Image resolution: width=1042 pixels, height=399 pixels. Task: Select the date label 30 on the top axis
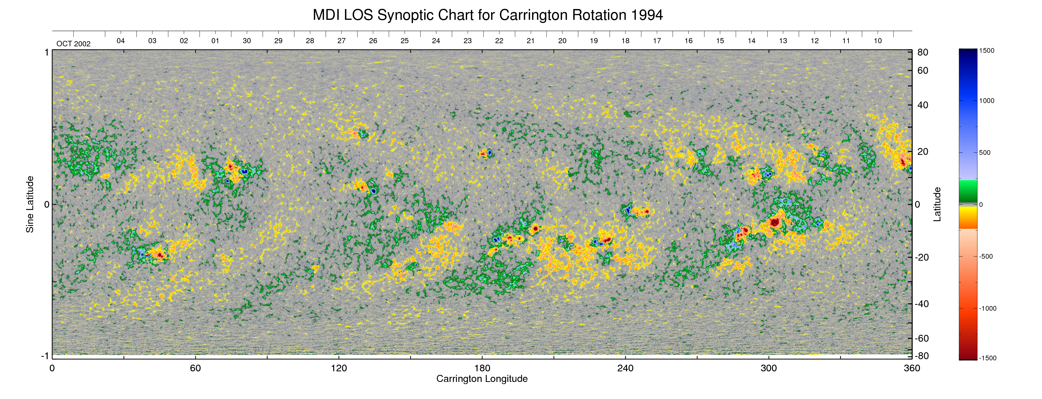pyautogui.click(x=247, y=41)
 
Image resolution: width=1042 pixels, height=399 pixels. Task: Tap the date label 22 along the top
pyautogui.click(x=499, y=41)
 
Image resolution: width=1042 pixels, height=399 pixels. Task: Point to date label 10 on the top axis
pyautogui.click(x=877, y=41)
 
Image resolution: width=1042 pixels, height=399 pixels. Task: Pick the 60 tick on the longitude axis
pyautogui.click(x=195, y=368)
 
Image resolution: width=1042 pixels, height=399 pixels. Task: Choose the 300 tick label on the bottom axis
pyautogui.click(x=769, y=368)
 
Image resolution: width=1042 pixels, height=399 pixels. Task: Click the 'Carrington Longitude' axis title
pyautogui.click(x=482, y=379)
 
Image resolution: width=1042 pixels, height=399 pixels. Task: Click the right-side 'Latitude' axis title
pyautogui.click(x=937, y=204)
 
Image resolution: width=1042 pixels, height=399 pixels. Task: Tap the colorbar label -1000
pyautogui.click(x=987, y=308)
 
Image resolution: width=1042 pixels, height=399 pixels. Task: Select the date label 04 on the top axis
pyautogui.click(x=121, y=41)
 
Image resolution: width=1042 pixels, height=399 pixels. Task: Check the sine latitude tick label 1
pyautogui.click(x=46, y=52)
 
